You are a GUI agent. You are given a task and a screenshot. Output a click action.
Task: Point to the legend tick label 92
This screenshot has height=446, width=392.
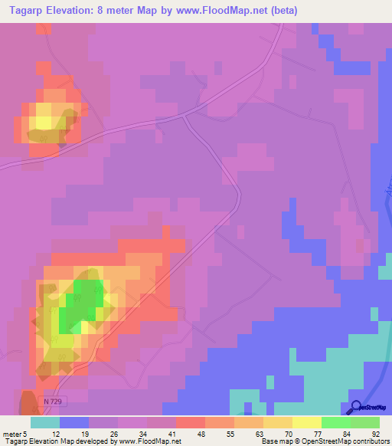376,434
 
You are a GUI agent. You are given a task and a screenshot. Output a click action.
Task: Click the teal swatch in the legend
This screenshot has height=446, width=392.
45,422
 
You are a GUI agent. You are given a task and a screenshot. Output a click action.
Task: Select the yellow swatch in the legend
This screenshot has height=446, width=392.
307,422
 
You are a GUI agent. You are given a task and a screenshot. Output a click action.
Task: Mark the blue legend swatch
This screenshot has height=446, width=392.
74,422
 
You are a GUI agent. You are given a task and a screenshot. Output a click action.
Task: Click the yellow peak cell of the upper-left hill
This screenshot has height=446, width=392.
44,120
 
